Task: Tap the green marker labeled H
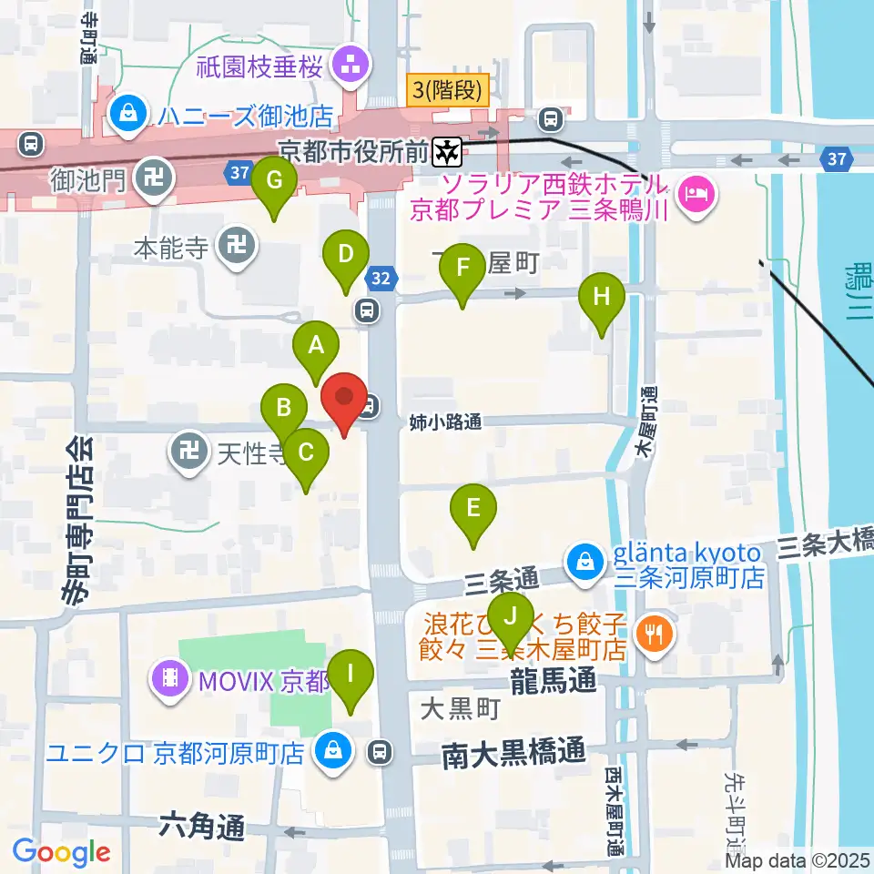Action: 601,299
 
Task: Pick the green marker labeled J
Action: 511,618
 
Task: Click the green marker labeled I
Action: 351,676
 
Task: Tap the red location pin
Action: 344,399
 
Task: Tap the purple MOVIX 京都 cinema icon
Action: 170,678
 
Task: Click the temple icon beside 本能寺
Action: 239,247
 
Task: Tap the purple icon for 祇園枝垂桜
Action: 348,65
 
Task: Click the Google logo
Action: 61,853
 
